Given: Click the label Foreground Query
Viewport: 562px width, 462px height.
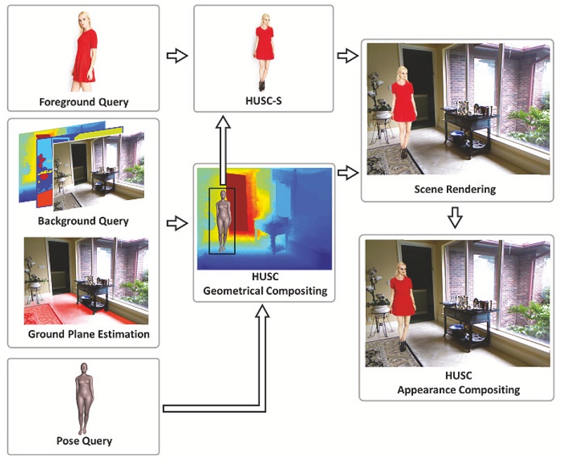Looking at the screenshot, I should pos(84,102).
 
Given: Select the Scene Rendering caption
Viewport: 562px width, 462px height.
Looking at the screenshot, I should pos(455,190).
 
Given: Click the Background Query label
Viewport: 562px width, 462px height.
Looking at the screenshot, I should pos(84,221).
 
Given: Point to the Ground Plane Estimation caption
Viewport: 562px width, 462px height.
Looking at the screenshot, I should pos(89,334).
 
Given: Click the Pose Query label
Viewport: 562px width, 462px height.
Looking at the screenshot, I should pos(84,441).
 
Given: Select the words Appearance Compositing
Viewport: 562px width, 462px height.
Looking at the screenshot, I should pos(455,388).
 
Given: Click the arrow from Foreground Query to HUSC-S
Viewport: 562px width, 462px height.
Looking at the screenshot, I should pos(177,55).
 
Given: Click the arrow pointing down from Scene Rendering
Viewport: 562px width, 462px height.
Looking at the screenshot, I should pos(455,218).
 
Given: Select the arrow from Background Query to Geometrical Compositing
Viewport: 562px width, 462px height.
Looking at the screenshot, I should pos(177,223).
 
